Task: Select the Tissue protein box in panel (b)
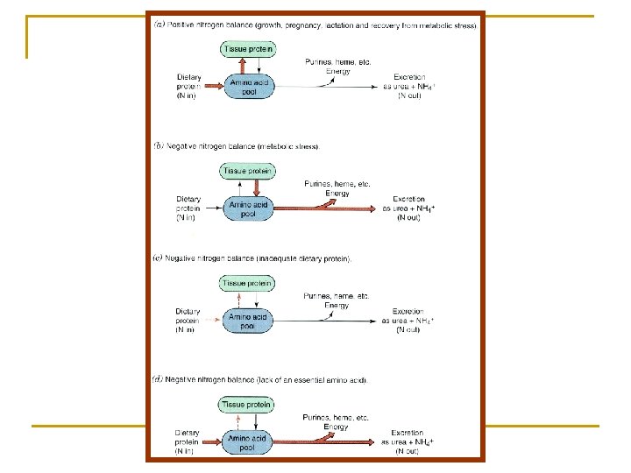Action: click(246, 171)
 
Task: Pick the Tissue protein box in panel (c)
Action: click(247, 283)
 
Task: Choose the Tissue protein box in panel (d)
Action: click(247, 405)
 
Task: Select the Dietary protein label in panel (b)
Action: click(188, 208)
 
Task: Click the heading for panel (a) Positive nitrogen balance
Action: click(315, 25)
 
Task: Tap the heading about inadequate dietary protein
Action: click(254, 259)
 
